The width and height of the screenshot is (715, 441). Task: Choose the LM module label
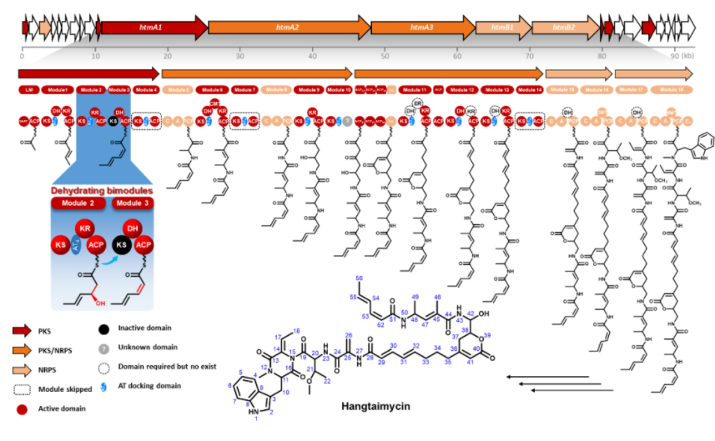29,89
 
